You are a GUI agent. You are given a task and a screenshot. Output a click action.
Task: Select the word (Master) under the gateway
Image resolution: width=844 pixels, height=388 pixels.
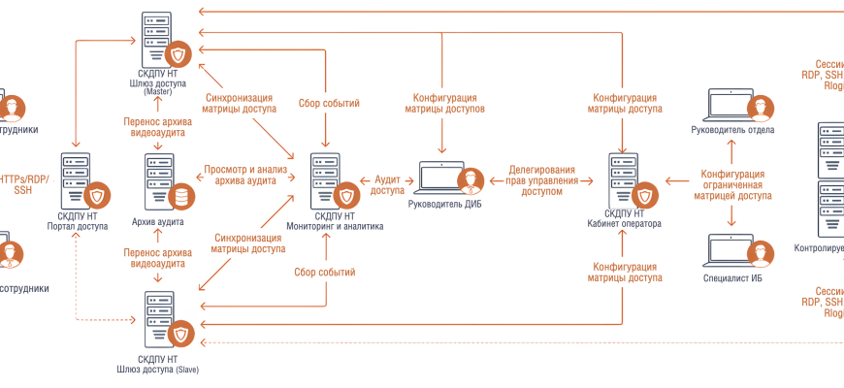[157, 92]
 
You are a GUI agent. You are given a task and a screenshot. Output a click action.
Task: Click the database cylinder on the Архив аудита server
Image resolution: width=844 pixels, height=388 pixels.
[179, 197]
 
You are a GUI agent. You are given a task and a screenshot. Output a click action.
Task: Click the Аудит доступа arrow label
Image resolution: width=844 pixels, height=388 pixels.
[388, 185]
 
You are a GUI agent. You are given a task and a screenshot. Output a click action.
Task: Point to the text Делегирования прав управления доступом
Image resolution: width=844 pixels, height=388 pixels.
[540, 179]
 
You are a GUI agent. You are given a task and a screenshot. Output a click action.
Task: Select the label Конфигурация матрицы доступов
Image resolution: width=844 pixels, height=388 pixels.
[444, 104]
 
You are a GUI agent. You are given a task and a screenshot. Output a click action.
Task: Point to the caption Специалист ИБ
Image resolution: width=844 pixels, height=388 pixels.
[732, 277]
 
